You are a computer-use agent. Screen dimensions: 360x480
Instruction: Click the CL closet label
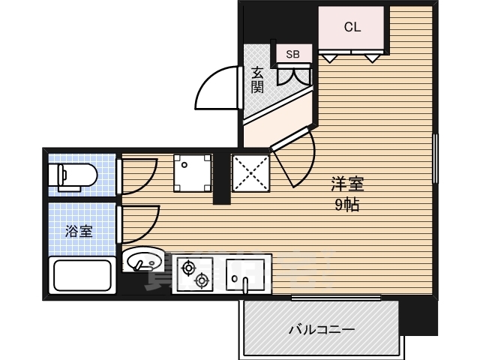coord(352,27)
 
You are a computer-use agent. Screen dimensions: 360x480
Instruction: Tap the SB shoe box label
coord(293,54)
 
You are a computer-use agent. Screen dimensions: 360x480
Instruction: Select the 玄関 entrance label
coord(257,79)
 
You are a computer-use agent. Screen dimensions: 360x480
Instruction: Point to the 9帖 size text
coord(346,205)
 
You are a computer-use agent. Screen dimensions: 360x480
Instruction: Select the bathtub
coord(81,276)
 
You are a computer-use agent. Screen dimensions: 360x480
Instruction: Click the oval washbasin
coord(142,261)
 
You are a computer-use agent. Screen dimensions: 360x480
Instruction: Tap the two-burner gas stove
coord(193,274)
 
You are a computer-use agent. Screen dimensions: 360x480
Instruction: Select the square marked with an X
coord(249,172)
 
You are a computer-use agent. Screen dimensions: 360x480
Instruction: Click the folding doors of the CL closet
coord(352,55)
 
